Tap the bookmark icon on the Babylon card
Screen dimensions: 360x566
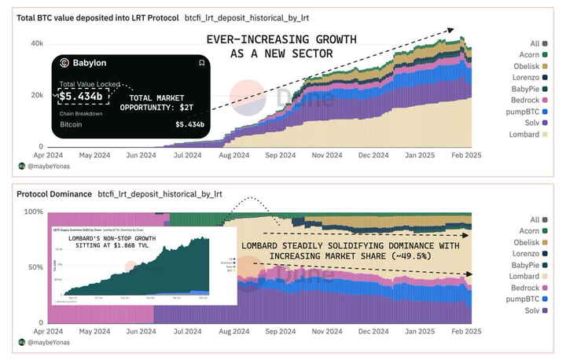[x=201, y=63]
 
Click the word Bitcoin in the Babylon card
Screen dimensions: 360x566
[x=72, y=124]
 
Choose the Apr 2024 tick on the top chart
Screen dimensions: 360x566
[x=47, y=156]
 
